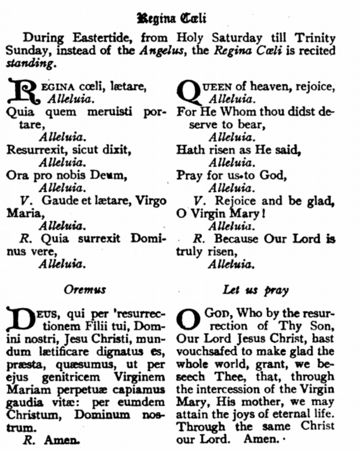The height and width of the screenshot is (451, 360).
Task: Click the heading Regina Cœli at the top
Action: point(172,18)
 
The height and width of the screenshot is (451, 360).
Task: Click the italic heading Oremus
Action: point(85,290)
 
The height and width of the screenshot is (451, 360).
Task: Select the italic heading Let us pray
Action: point(256,290)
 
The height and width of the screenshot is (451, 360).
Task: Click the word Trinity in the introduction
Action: point(315,38)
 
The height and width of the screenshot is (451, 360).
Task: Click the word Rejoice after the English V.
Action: point(235,201)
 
